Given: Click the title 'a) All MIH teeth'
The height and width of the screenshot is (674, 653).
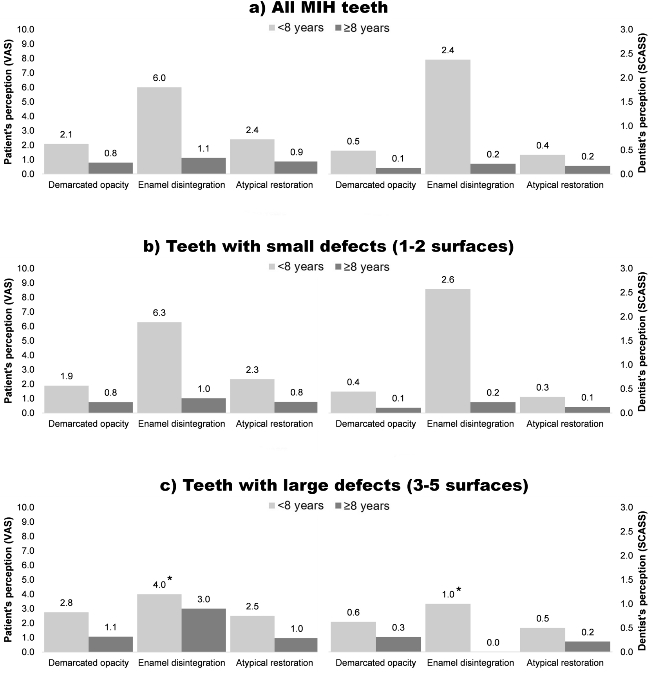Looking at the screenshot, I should coord(318,8).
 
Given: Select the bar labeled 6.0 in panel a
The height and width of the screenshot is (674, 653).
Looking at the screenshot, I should coord(159,130).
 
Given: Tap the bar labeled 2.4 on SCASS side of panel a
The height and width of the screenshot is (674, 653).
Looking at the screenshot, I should coord(447,117).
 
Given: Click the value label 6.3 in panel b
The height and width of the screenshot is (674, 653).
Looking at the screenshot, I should coord(159,313).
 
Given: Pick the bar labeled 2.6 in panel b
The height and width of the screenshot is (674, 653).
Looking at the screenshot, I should coord(447,351).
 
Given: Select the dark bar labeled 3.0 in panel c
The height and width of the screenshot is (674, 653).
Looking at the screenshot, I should coord(204,630).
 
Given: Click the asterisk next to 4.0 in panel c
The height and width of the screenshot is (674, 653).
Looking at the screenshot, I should coord(170,578).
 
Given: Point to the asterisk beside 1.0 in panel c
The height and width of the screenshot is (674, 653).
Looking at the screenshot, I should coord(459,589).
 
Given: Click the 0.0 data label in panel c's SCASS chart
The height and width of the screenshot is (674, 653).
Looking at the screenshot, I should coord(492,643).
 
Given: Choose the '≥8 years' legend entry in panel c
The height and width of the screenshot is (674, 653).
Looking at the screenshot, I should coord(362,506).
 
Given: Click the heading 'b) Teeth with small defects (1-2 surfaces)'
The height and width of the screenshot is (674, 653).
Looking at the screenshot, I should coord(328,246).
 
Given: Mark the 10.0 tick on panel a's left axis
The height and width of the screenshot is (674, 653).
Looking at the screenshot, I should coord(26,29).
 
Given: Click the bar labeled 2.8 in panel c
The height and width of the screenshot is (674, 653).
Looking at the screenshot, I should coord(66,632).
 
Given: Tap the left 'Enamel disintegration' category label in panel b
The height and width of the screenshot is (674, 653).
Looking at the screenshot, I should coord(181,424).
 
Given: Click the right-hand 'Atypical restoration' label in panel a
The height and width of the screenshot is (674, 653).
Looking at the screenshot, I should coord(564,185).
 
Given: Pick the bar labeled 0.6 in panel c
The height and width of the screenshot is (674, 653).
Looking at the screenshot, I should coord(353,636).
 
